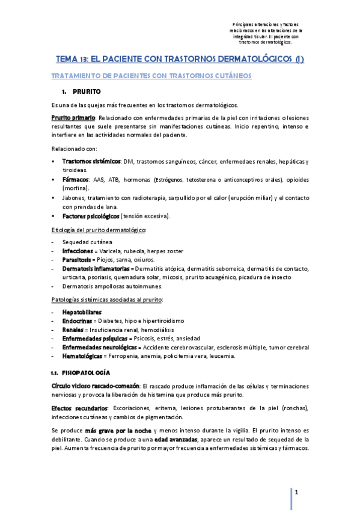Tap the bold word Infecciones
pyautogui.click(x=77, y=251)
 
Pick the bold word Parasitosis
pyautogui.click(x=76, y=260)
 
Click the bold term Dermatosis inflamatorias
pyautogui.click(x=95, y=268)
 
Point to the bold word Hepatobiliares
pyautogui.click(x=82, y=313)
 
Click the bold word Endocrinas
pyautogui.click(x=77, y=321)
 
